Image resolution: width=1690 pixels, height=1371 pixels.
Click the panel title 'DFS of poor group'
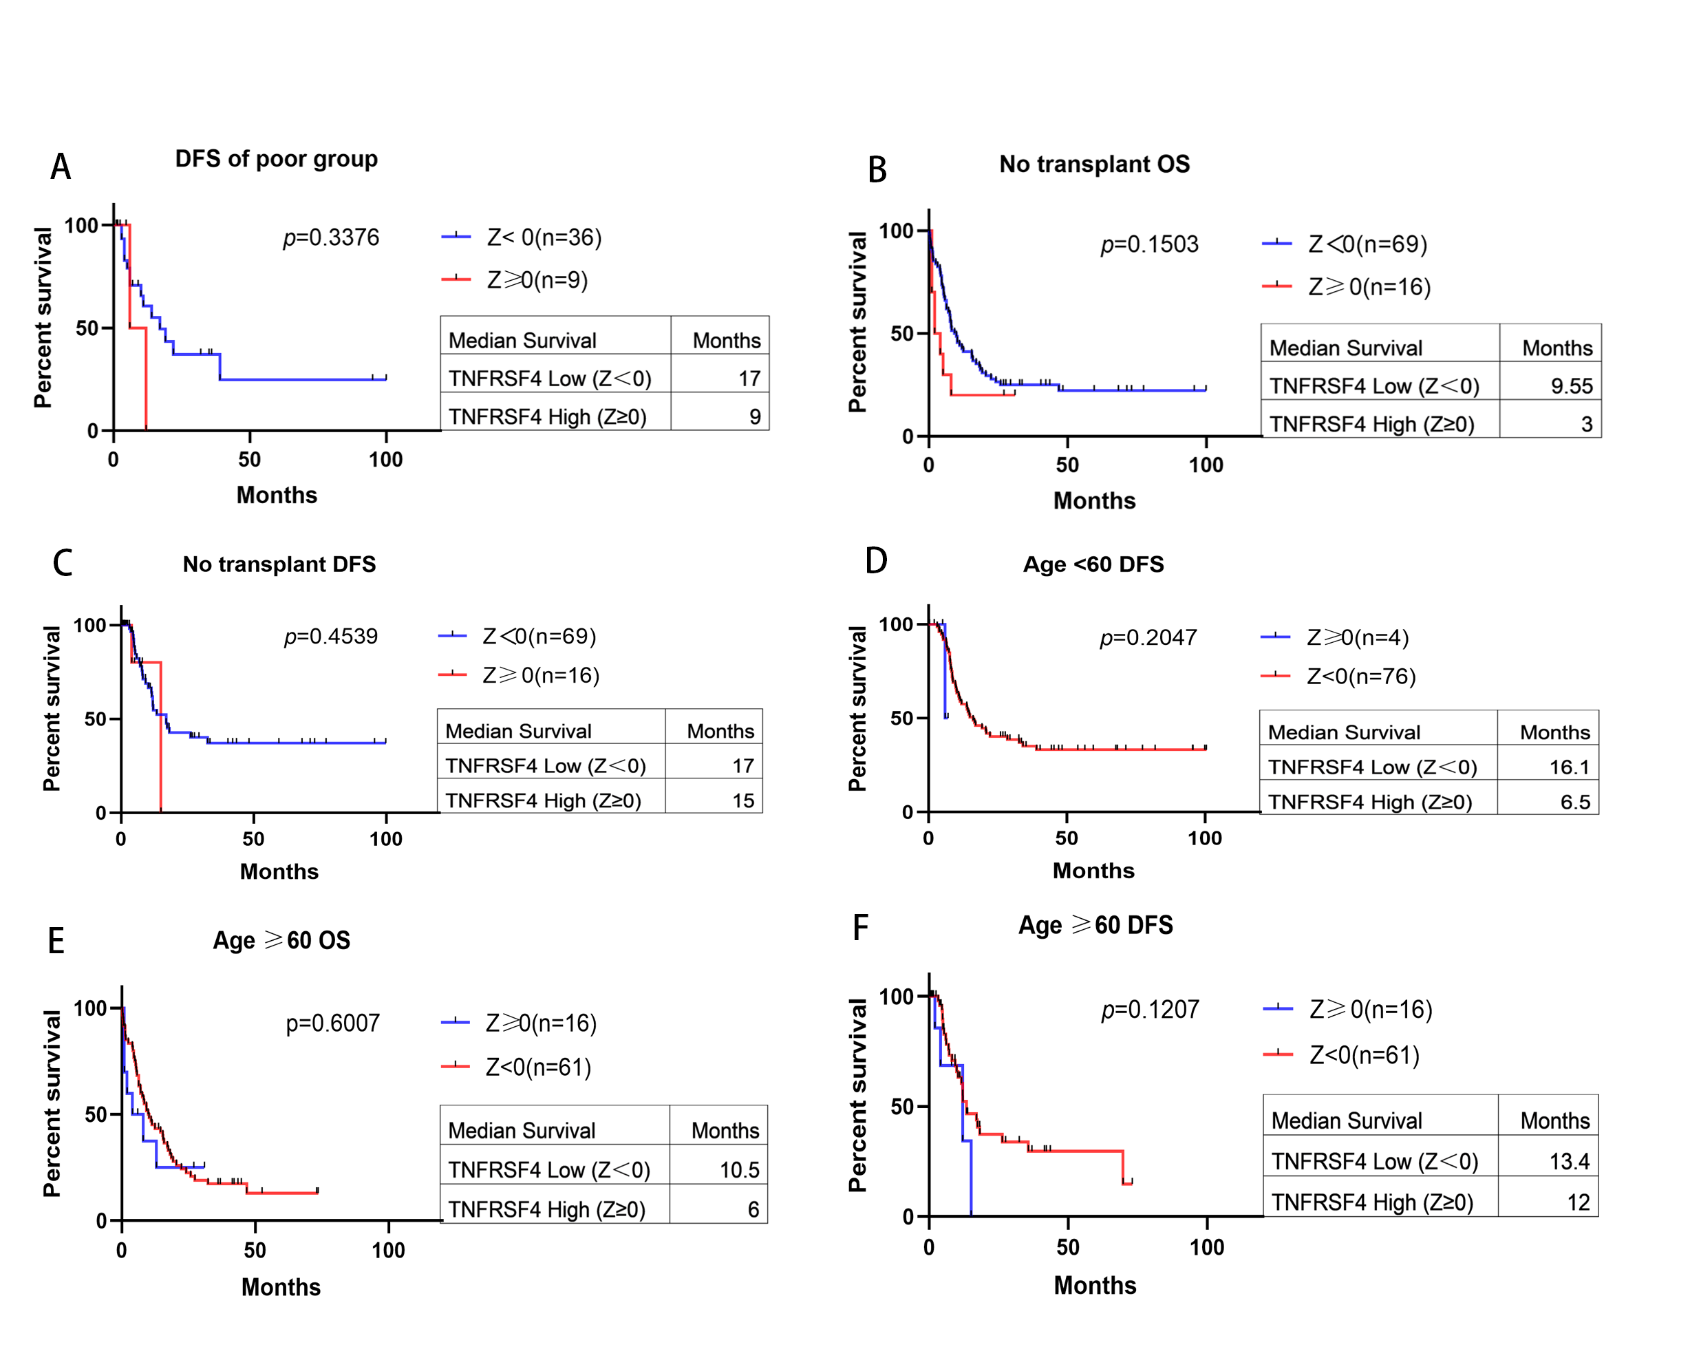(x=277, y=160)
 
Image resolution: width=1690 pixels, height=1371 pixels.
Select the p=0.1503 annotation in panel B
(x=1150, y=244)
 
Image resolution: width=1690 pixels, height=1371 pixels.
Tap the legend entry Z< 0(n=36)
(x=544, y=237)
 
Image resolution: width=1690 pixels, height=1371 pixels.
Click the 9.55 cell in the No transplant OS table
(x=1572, y=385)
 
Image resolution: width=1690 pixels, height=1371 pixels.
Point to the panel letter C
(x=63, y=563)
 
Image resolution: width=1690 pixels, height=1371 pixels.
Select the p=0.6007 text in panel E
(x=332, y=1023)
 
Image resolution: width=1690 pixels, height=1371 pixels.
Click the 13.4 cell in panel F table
(x=1569, y=1161)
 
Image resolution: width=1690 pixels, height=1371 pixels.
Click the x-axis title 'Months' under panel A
(x=277, y=495)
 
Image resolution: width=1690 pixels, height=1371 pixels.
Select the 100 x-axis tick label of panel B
(x=1206, y=465)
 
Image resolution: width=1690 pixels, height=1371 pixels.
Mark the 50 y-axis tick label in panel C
(x=96, y=719)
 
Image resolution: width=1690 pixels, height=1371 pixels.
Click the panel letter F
(x=860, y=927)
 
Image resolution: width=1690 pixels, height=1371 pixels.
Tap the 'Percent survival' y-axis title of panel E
(x=52, y=1103)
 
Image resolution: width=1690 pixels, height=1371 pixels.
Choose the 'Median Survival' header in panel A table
(x=522, y=341)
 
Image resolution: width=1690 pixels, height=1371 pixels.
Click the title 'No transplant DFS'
(x=279, y=564)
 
